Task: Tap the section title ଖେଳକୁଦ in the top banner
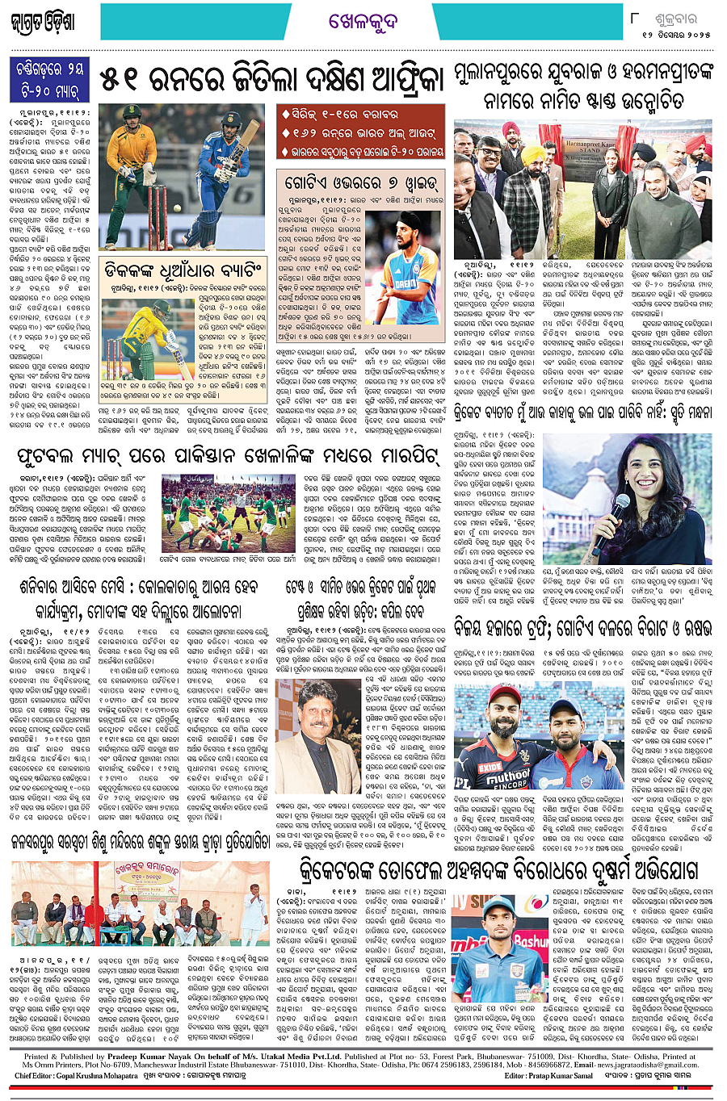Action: [x=363, y=22]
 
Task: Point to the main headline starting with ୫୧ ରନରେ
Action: [x=271, y=79]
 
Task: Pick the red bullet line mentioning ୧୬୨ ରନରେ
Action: [x=361, y=132]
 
